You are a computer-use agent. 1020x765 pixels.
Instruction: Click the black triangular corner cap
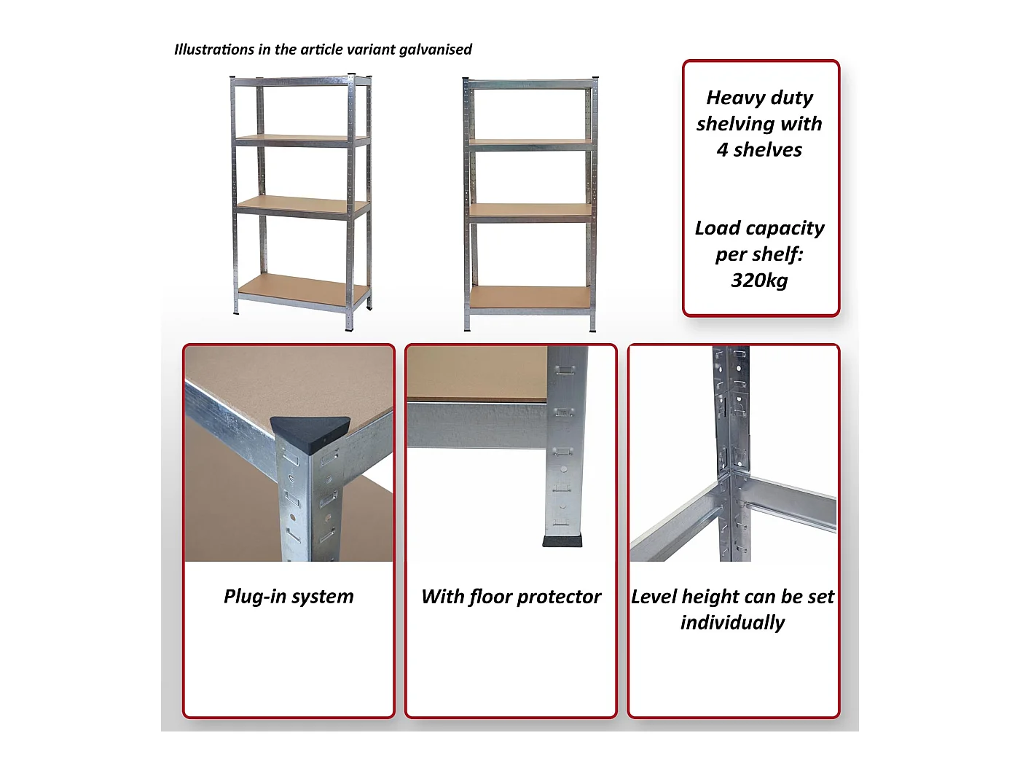pos(310,430)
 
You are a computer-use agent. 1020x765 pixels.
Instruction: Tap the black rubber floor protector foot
pos(562,541)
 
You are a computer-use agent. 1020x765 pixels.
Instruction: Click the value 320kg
pos(759,280)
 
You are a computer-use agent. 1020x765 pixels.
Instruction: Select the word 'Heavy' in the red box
pos(731,98)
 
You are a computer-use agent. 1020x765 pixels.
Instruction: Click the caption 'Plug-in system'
pos(289,597)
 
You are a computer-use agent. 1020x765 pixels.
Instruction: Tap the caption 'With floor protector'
pos(511,597)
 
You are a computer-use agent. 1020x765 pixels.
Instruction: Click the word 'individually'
pos(732,623)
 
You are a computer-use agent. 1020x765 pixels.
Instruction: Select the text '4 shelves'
pos(759,150)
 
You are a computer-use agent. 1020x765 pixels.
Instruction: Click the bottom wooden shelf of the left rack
pos(303,288)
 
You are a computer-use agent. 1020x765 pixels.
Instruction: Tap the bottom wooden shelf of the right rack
pos(530,296)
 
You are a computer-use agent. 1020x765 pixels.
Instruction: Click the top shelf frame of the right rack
pos(530,85)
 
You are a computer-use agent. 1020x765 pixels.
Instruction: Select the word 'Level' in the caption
pos(654,597)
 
